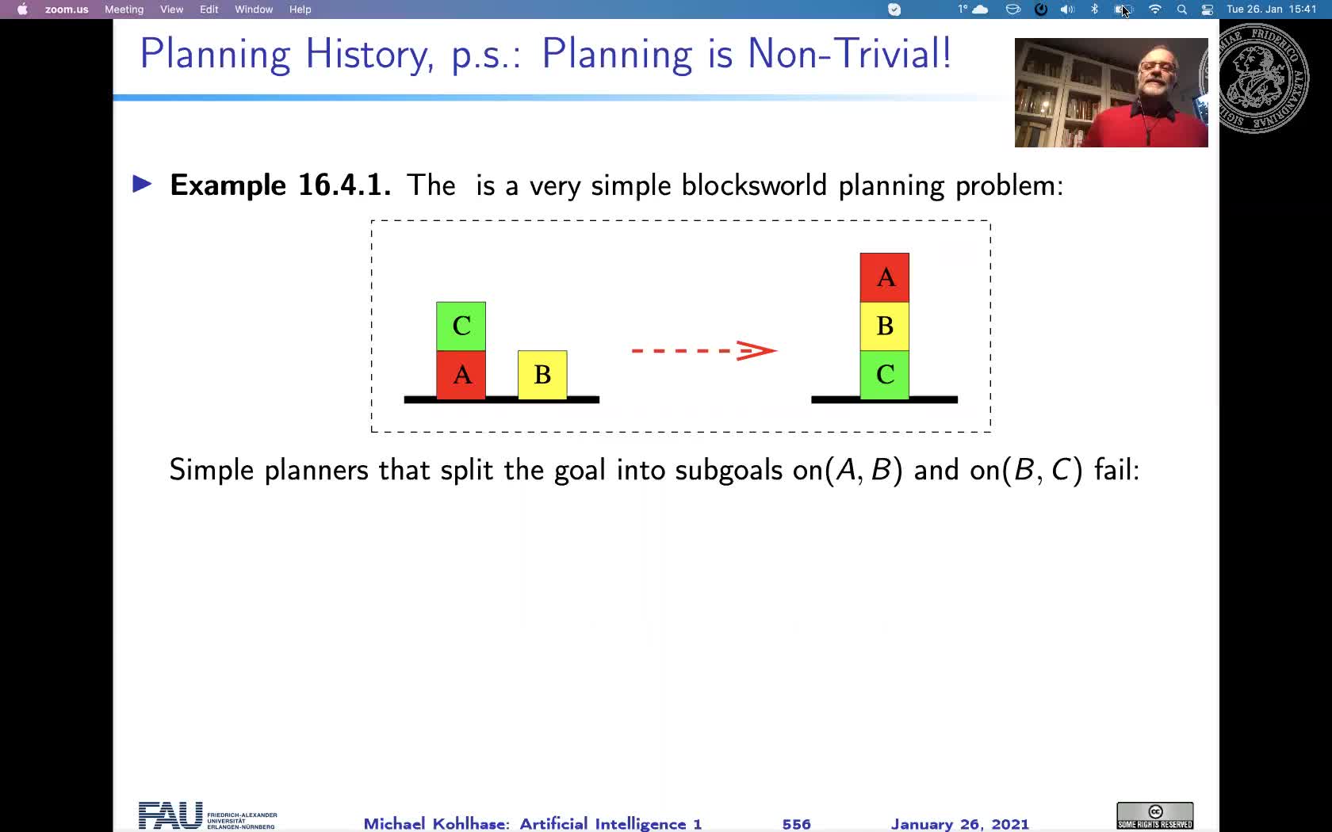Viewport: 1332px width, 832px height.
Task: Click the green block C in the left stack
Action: click(x=461, y=326)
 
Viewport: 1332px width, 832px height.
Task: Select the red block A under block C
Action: click(x=461, y=375)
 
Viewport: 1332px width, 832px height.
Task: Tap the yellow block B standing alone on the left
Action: click(x=542, y=375)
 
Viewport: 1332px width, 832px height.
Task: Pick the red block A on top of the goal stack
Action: click(x=884, y=277)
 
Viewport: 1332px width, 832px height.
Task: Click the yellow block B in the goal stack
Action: click(x=884, y=326)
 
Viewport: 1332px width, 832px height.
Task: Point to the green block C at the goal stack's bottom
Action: click(x=884, y=375)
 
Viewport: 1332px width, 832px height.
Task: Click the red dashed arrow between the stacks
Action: click(x=703, y=350)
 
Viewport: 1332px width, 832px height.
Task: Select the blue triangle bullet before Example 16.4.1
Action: click(x=142, y=185)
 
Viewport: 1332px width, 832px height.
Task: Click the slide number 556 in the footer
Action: click(x=796, y=824)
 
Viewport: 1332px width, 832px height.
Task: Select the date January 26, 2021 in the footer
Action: click(x=959, y=824)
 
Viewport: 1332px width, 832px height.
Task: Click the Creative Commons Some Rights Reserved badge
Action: click(x=1154, y=815)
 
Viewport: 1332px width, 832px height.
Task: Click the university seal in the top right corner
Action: click(x=1261, y=78)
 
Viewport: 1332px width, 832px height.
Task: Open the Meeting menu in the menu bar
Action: click(x=124, y=10)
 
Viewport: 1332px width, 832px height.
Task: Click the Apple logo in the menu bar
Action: click(x=22, y=10)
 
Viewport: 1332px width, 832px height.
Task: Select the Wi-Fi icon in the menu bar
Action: click(x=1154, y=10)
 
